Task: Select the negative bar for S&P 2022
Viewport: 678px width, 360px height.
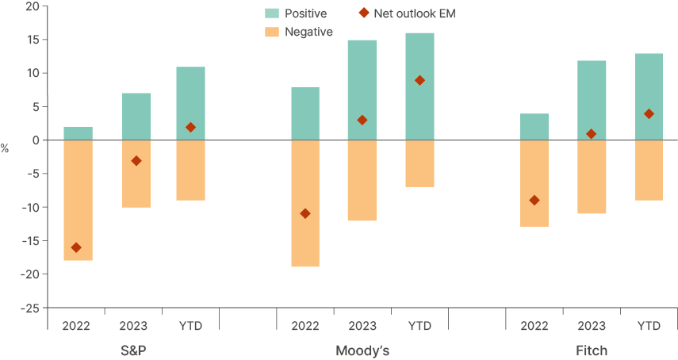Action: tap(78, 201)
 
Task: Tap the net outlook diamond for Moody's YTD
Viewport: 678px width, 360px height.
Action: tap(419, 80)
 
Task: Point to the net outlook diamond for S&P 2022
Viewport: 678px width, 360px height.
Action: tap(76, 247)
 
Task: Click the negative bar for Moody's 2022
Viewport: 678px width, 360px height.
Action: tap(305, 204)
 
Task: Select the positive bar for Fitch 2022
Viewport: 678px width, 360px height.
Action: tap(534, 127)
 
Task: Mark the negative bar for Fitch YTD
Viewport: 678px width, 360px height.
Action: tap(649, 170)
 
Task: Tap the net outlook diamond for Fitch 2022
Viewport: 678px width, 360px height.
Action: tap(534, 201)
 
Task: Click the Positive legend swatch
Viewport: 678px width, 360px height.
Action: tap(271, 13)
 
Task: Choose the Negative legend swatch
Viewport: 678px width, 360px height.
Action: tap(271, 32)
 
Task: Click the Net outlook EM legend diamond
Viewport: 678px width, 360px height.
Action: tap(364, 13)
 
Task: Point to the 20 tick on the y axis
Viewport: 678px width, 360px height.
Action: tap(32, 6)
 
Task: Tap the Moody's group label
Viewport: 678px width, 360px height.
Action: tap(362, 350)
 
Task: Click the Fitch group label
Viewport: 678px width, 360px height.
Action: tap(592, 350)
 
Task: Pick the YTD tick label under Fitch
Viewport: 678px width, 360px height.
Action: tap(649, 326)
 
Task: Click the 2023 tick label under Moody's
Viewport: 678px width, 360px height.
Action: tap(362, 326)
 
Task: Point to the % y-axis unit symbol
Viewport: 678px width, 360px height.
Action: tap(5, 148)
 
